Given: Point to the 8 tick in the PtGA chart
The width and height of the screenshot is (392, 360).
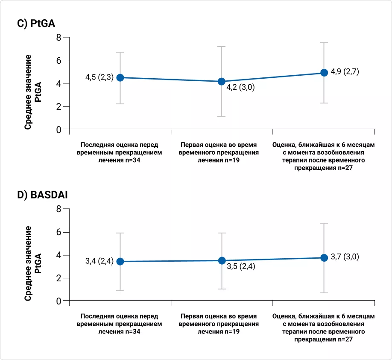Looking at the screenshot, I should pyautogui.click(x=59, y=38).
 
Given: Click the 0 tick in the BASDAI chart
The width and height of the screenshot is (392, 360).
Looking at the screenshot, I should pyautogui.click(x=59, y=301).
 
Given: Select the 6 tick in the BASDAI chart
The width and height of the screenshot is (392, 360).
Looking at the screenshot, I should pyautogui.click(x=59, y=232).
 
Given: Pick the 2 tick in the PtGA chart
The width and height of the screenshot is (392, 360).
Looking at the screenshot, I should pyautogui.click(x=59, y=106).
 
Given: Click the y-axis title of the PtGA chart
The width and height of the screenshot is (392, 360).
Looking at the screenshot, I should pyautogui.click(x=33, y=92).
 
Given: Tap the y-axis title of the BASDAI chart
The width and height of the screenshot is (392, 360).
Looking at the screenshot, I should pyautogui.click(x=33, y=263).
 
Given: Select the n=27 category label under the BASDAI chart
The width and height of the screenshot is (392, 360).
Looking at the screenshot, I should pyautogui.click(x=324, y=328).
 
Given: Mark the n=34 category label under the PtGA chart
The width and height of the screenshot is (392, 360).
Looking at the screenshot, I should pyautogui.click(x=120, y=152).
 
